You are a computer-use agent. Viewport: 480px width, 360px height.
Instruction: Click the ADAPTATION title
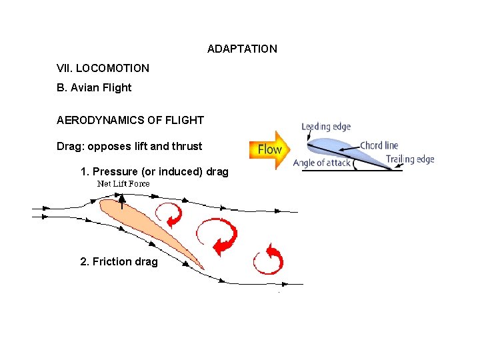pos(242,49)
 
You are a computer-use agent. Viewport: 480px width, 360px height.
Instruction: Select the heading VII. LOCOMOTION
pos(103,68)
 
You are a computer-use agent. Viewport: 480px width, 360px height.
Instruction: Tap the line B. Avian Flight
pos(94,87)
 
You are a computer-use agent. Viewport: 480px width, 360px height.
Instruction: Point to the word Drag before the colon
pos(69,146)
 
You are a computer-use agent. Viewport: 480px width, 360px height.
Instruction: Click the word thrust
pos(187,146)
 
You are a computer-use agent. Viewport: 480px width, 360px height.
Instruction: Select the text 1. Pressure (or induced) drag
pos(154,172)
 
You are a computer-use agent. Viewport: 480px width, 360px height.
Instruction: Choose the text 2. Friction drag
pos(119,261)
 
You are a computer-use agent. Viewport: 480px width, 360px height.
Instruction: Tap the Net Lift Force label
pos(123,183)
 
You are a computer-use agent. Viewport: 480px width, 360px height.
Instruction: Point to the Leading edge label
pos(326,127)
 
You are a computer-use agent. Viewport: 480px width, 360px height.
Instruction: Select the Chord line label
pos(379,145)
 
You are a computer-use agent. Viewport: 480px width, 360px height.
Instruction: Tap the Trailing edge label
pos(410,159)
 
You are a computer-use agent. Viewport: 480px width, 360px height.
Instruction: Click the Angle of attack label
pos(321,163)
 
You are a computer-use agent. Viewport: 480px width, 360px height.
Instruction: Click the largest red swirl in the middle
pos(216,236)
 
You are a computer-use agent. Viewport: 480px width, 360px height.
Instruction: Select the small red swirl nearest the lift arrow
pos(169,215)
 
